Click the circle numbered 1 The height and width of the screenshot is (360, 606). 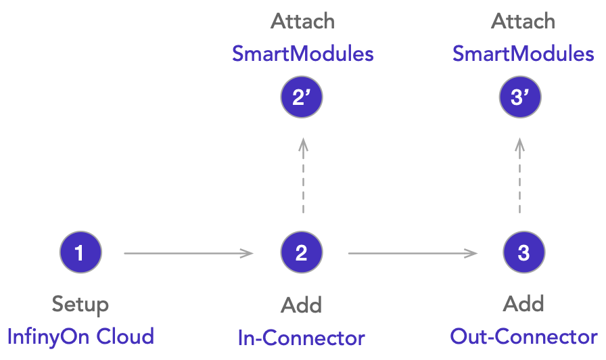[x=80, y=253]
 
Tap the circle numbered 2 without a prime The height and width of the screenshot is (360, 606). [x=302, y=253]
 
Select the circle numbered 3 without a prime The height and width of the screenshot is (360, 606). [x=523, y=253]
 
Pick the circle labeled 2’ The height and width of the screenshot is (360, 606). [x=302, y=98]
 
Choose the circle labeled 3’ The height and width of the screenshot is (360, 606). [x=520, y=98]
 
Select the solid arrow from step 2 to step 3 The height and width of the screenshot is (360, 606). [x=412, y=254]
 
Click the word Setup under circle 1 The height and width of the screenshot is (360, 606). [x=80, y=305]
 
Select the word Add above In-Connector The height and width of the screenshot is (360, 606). [x=302, y=305]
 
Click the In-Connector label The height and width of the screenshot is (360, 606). [x=302, y=338]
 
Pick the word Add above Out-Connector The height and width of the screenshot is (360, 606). [x=523, y=304]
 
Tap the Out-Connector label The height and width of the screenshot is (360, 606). [x=523, y=336]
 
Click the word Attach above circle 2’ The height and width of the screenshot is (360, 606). [x=302, y=22]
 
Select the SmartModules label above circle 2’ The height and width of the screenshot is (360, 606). [x=302, y=54]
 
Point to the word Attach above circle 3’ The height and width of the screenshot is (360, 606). [x=523, y=22]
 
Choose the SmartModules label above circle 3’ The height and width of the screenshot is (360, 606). [x=523, y=54]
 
